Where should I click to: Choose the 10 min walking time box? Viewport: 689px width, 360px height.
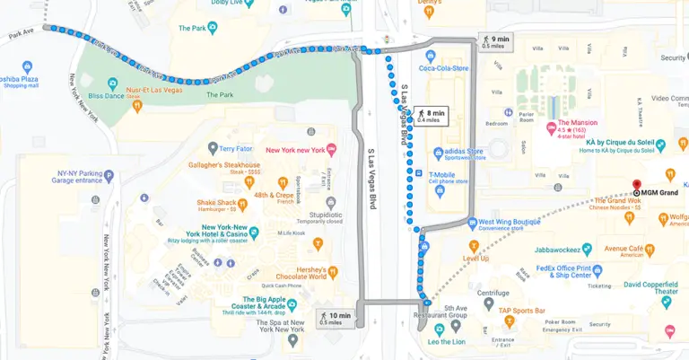[x=336, y=317]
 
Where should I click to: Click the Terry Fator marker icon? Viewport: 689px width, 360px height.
[x=213, y=148]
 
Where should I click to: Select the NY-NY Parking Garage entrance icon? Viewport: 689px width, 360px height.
[x=109, y=175]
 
